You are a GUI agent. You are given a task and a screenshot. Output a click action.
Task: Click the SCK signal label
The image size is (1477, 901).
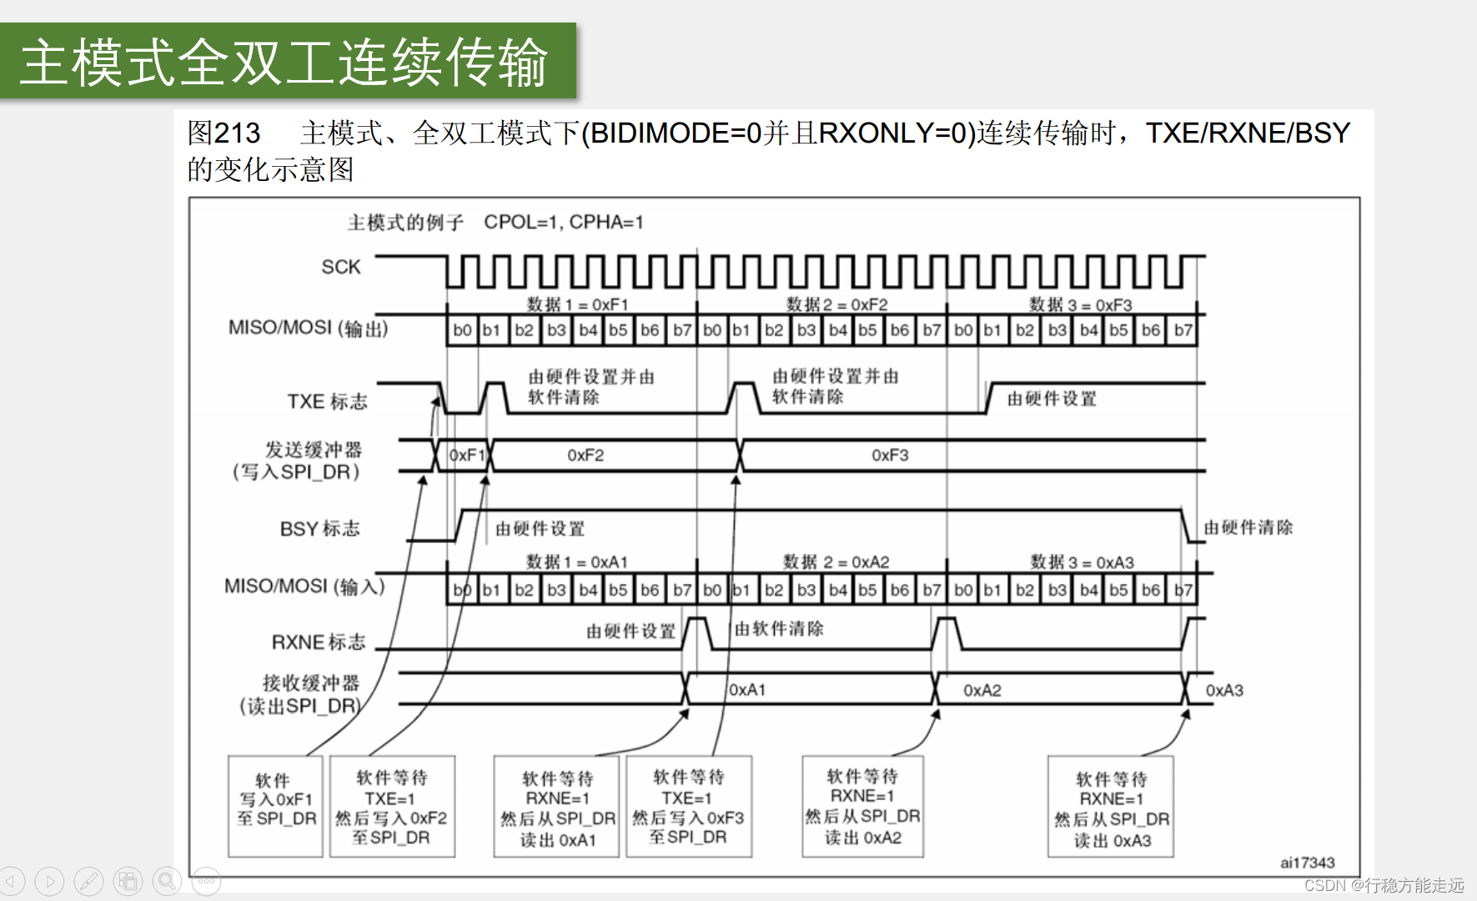[x=341, y=267]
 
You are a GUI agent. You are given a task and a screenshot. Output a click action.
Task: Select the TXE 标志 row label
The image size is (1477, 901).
[x=327, y=402]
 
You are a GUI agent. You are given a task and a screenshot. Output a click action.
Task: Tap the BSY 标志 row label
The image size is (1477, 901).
[x=319, y=529]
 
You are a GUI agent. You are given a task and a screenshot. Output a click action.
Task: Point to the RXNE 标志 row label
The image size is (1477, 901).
[x=319, y=642]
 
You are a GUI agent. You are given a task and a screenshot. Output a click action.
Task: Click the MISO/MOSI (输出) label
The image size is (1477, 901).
[x=309, y=328]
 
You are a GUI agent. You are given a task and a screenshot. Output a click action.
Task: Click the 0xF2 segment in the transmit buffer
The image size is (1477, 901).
[x=585, y=456]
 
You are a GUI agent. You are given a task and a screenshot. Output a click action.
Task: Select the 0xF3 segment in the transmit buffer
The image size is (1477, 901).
[x=890, y=456]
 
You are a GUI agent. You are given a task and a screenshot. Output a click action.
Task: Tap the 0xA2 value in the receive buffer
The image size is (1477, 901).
[x=982, y=691]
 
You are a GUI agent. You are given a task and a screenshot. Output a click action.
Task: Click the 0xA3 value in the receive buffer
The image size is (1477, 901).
[x=1224, y=691]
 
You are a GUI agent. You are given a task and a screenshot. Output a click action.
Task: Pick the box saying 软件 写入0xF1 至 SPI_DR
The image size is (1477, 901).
[x=275, y=806]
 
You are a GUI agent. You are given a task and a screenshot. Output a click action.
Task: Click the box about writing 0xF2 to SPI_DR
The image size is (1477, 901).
[x=392, y=806]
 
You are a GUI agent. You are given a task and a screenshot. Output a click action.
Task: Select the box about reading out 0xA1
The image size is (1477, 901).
[x=557, y=807]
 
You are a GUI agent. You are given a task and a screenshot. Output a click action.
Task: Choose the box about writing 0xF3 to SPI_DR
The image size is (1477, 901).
[x=688, y=806]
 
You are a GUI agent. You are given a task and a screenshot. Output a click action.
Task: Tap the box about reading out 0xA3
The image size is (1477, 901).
[x=1111, y=807]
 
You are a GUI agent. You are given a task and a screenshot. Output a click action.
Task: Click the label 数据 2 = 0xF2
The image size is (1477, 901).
[x=836, y=305]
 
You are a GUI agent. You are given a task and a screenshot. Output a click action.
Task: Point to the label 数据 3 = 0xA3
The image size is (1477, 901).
[x=1082, y=562]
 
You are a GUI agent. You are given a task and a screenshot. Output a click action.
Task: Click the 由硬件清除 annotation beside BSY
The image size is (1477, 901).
[x=1248, y=527]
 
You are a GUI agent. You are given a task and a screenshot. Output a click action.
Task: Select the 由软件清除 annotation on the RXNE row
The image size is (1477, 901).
[x=779, y=629]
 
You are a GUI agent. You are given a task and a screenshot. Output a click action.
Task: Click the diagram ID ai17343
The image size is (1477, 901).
[x=1307, y=863]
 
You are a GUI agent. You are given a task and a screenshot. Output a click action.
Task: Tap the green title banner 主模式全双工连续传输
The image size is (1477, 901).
[x=288, y=62]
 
